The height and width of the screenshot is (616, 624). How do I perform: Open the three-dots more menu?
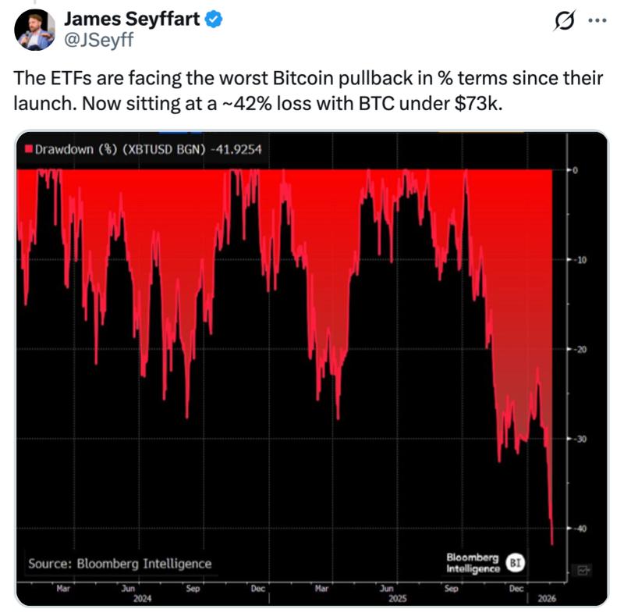click(596, 21)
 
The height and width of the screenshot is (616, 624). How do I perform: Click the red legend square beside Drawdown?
click(29, 148)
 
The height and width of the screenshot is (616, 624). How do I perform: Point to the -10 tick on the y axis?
click(582, 260)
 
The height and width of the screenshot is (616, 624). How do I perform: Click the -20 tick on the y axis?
click(582, 350)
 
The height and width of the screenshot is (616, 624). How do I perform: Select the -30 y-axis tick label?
click(582, 439)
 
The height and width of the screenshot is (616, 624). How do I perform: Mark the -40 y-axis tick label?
click(582, 529)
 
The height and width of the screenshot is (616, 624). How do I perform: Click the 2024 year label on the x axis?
click(142, 598)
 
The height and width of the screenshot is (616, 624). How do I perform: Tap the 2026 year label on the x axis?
click(548, 598)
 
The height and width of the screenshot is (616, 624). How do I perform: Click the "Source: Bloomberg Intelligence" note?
click(119, 563)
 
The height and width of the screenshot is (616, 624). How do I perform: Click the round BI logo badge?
click(515, 562)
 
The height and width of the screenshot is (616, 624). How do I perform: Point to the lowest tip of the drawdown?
click(552, 544)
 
